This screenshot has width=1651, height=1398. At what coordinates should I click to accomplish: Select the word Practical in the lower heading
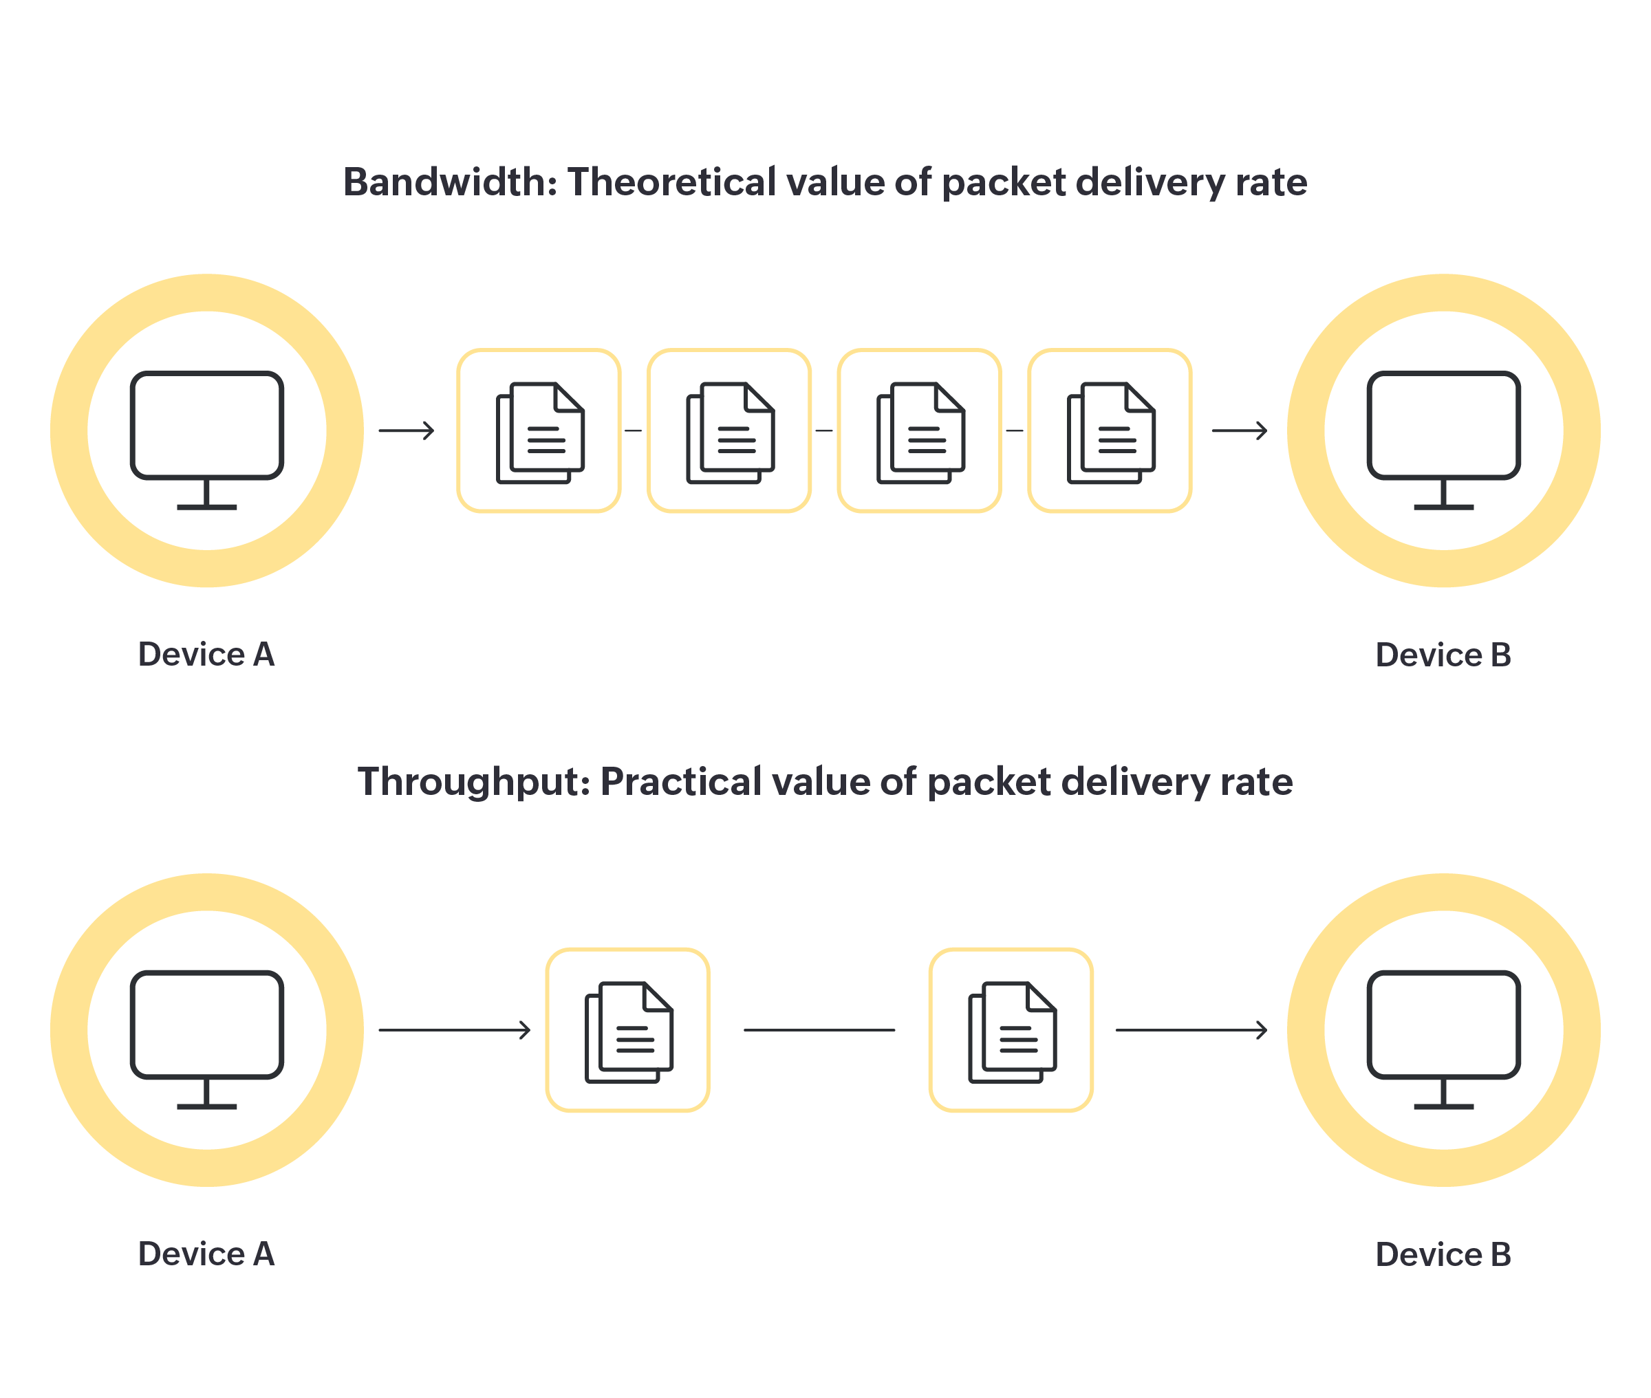[x=681, y=783]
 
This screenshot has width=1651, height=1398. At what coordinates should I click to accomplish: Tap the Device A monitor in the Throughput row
[x=207, y=1029]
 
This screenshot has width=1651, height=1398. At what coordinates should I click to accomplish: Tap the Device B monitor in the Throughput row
[x=1443, y=1029]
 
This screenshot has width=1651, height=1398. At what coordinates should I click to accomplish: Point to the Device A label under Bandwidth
[x=206, y=655]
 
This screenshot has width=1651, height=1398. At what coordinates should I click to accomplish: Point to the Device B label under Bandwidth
[x=1443, y=655]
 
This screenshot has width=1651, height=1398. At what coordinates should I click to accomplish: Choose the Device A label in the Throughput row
[x=206, y=1254]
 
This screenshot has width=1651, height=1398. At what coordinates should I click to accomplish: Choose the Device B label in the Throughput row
[x=1443, y=1254]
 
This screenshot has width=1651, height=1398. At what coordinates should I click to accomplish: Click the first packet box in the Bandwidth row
[x=539, y=430]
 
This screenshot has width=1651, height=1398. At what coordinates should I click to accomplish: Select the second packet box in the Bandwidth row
[x=729, y=430]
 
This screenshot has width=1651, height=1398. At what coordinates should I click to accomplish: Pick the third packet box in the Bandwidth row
[x=920, y=430]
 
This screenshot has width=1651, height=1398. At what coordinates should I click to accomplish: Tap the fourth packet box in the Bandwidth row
[x=1110, y=430]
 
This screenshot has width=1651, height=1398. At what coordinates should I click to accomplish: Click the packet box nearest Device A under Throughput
[x=628, y=1029]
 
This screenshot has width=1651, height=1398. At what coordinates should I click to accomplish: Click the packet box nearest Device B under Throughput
[x=1011, y=1029]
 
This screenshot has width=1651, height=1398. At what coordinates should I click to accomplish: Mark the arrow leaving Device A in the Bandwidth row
[x=407, y=430]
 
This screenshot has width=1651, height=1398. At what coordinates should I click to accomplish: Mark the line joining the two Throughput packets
[x=819, y=1029]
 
